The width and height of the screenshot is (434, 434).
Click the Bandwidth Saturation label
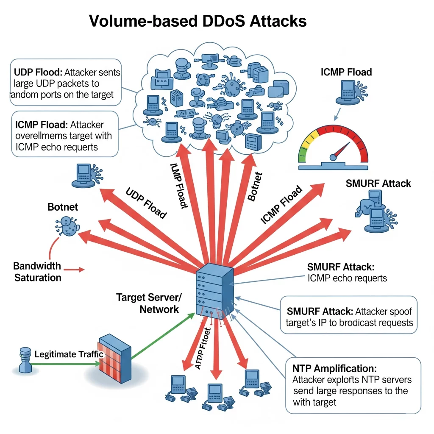point(37,272)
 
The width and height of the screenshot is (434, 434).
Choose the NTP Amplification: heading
point(334,368)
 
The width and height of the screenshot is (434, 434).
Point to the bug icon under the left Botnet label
point(67,227)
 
